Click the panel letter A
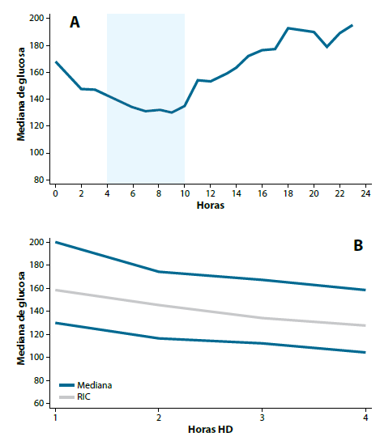pyautogui.click(x=75, y=23)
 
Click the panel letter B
pyautogui.click(x=357, y=245)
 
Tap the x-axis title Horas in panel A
pyautogui.click(x=211, y=206)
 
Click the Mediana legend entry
pyautogui.click(x=95, y=386)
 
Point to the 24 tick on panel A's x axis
pyautogui.click(x=365, y=194)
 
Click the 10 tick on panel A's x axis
pyautogui.click(x=184, y=194)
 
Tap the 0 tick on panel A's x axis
pyautogui.click(x=55, y=194)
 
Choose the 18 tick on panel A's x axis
pyautogui.click(x=288, y=194)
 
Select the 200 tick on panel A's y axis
pyautogui.click(x=36, y=18)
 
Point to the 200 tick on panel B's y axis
pyautogui.click(x=36, y=242)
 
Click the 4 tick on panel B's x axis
pyautogui.click(x=365, y=417)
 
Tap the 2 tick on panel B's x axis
pyautogui.click(x=158, y=417)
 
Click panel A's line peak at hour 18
pyautogui.click(x=288, y=28)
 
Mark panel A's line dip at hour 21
pyautogui.click(x=327, y=47)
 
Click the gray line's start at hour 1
pyautogui.click(x=55, y=290)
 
